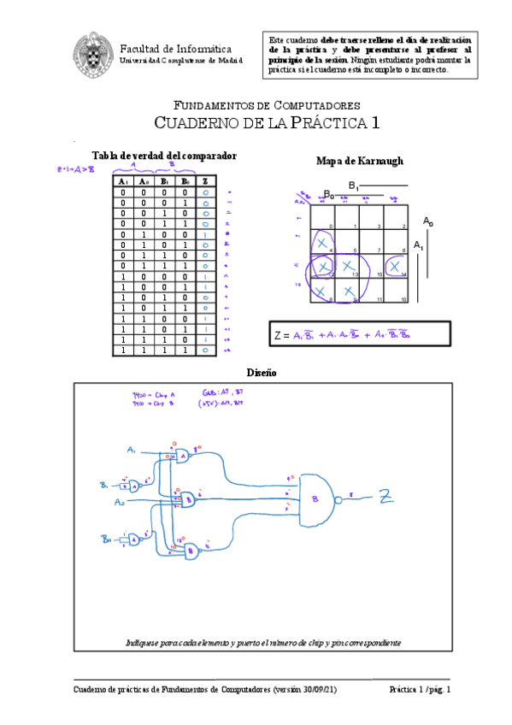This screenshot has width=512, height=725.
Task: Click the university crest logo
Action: coord(90,53)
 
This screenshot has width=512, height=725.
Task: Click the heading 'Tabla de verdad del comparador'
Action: coord(164,155)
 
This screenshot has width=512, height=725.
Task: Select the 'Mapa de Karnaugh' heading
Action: coord(348,161)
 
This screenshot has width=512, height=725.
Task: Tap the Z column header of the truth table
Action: coord(205,181)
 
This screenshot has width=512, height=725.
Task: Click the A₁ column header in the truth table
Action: coord(123,181)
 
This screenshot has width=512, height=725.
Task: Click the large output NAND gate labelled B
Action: coord(318,498)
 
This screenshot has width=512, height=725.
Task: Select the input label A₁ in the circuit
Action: coord(132,450)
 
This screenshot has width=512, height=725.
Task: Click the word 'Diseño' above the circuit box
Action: coord(261,373)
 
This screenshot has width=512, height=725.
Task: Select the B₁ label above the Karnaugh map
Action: coord(353,186)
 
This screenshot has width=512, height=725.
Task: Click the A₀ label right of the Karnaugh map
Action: coord(427,221)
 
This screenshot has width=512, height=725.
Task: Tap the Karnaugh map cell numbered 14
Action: coord(394,267)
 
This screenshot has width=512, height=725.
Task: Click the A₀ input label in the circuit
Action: coord(121,503)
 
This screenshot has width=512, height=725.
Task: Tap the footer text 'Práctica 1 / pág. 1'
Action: coord(418,689)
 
